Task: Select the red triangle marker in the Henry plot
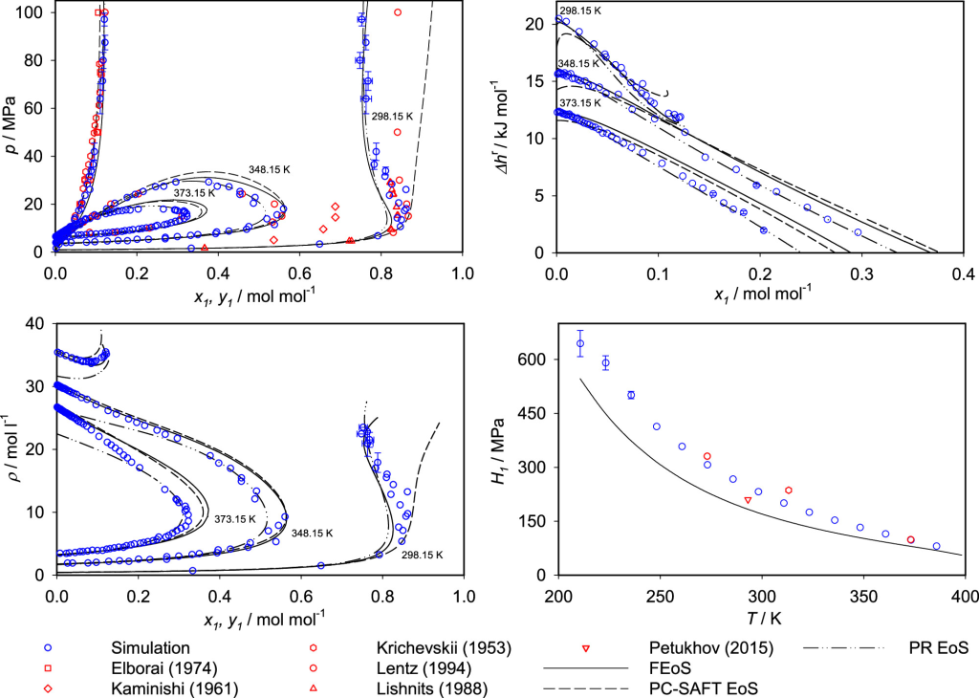[x=748, y=500]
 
